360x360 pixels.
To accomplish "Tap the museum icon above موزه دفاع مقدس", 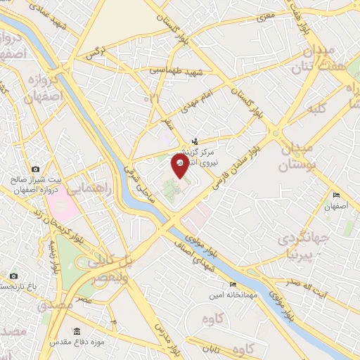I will point(76,331).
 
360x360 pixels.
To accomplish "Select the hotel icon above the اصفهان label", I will point(336,195).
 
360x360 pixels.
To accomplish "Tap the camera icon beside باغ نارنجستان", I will point(13,276).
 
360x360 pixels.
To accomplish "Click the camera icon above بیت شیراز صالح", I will point(36,169).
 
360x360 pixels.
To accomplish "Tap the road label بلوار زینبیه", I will point(52,256).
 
